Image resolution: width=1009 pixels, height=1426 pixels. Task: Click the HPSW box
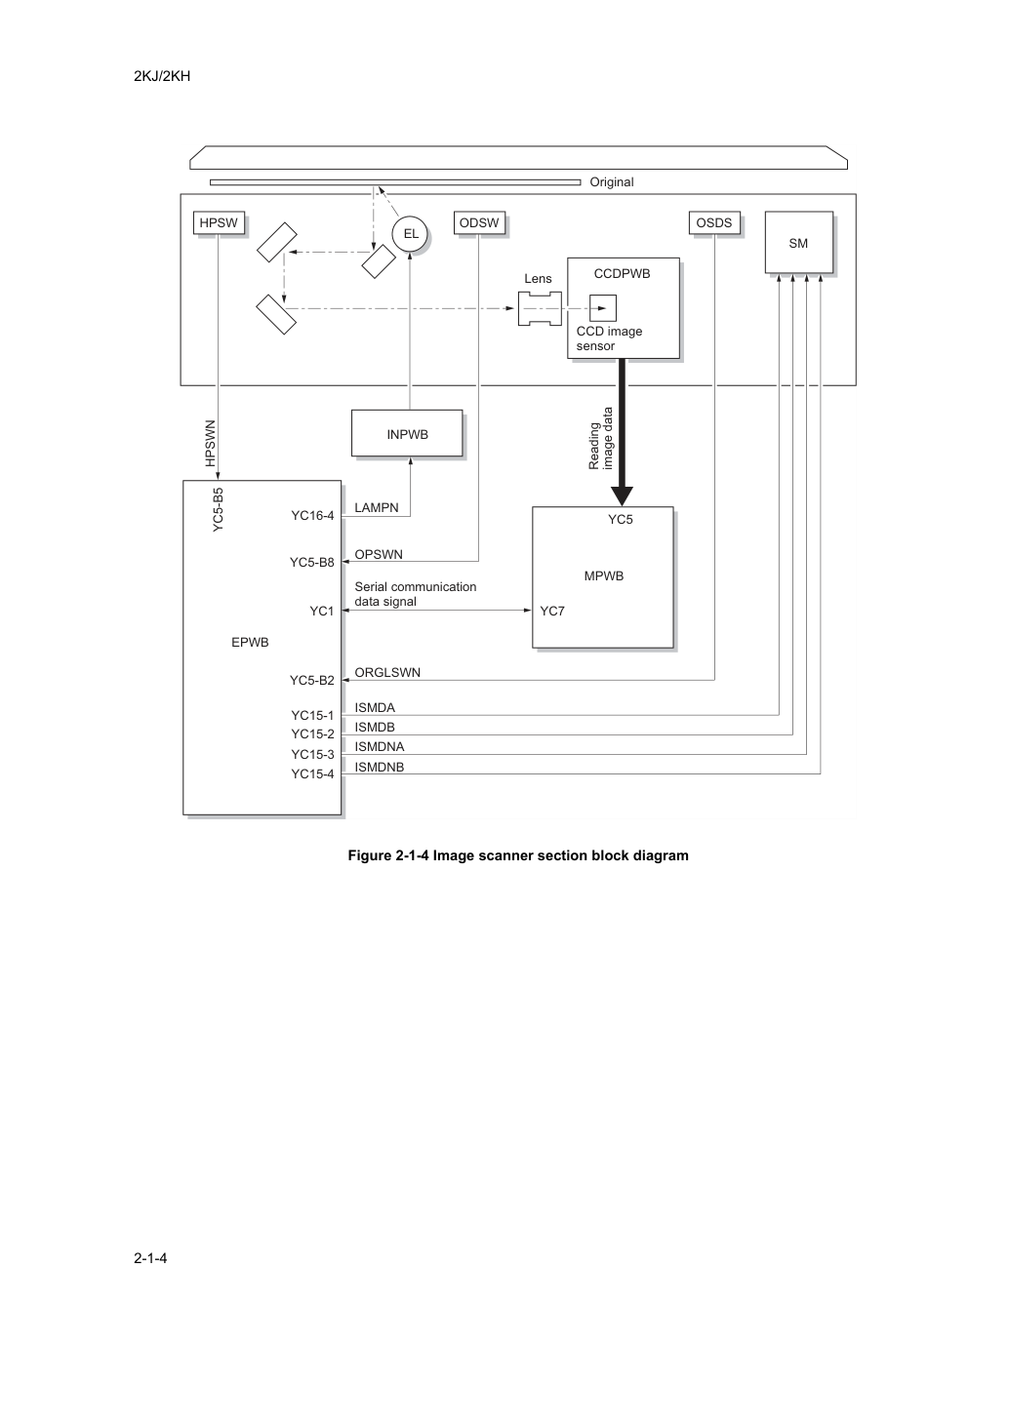tap(219, 222)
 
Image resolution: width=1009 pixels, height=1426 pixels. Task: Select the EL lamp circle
tap(410, 234)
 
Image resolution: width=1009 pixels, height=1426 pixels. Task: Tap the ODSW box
tap(479, 222)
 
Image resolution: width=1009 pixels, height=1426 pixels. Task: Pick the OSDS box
tap(714, 222)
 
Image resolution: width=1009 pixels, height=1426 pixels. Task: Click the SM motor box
tap(799, 243)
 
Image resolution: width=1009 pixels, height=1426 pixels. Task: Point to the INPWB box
tap(407, 433)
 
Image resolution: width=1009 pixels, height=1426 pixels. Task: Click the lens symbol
tap(540, 309)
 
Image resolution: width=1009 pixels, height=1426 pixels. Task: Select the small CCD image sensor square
tap(603, 308)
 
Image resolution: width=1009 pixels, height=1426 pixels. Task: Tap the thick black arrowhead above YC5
tap(622, 495)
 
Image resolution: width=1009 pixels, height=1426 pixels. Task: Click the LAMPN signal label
tap(377, 507)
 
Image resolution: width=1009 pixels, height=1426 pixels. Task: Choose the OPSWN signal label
tap(379, 554)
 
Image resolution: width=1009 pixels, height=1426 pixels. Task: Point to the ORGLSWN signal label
tap(387, 672)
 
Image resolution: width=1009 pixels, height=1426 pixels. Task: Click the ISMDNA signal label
tap(379, 746)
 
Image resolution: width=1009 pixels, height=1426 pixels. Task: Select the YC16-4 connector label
tap(312, 516)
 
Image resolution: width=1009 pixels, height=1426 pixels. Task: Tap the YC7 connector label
tap(552, 612)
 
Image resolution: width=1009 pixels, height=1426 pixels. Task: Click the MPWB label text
tap(604, 576)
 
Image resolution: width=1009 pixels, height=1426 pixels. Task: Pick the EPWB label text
tap(250, 643)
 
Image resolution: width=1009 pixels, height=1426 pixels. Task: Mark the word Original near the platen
tap(612, 182)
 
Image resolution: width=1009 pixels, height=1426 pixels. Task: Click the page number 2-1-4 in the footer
tap(150, 1257)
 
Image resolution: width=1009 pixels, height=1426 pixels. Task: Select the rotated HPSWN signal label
tap(210, 443)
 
